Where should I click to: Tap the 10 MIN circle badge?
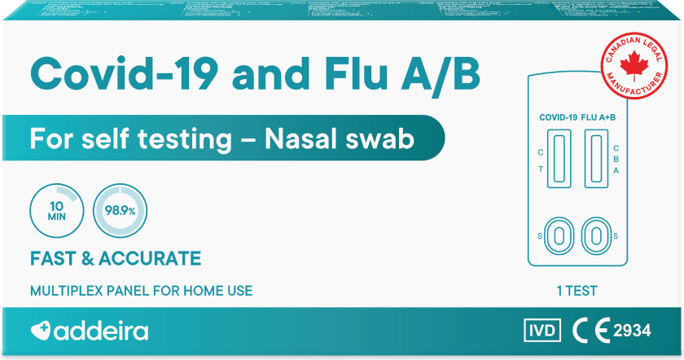pyautogui.click(x=57, y=209)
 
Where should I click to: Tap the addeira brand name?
pyautogui.click(x=103, y=331)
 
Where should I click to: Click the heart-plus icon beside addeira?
pyautogui.click(x=41, y=331)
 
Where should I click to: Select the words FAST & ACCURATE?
pyautogui.click(x=115, y=259)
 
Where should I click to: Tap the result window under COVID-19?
pyautogui.click(x=559, y=159)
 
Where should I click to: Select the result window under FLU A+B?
pyautogui.click(x=597, y=159)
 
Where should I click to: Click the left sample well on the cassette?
pyautogui.click(x=559, y=235)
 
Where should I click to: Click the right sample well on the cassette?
pyautogui.click(x=597, y=235)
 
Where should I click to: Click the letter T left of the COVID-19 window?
pyautogui.click(x=541, y=169)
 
